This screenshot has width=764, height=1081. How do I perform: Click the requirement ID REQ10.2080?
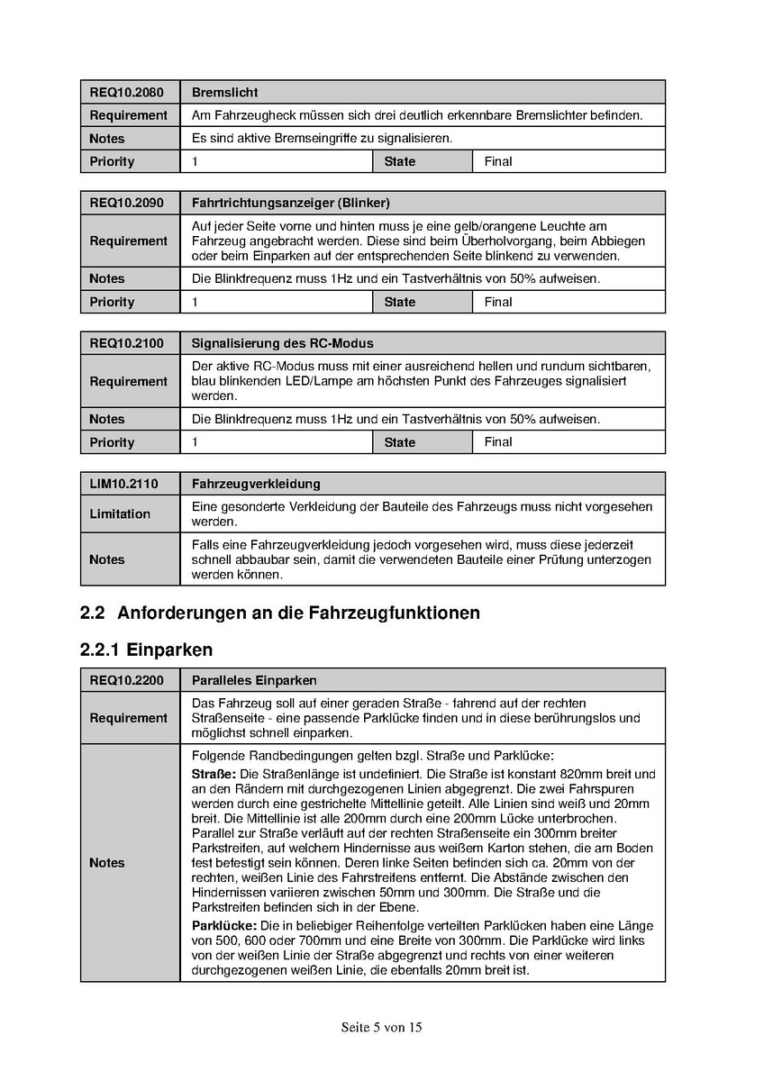(126, 93)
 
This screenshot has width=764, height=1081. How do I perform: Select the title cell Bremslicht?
(225, 93)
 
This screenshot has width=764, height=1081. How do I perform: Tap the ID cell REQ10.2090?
(126, 203)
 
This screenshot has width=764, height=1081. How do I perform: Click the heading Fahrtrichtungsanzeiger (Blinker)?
(290, 203)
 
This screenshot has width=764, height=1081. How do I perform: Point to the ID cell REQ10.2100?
(126, 343)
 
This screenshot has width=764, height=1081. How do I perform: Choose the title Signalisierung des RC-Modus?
(282, 343)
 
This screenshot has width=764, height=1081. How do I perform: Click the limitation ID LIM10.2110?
(123, 484)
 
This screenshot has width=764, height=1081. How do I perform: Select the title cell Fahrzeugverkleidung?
(256, 484)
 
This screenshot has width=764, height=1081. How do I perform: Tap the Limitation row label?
(120, 513)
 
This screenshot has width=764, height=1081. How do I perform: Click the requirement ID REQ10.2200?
(126, 680)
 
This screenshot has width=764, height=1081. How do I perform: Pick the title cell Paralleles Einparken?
(254, 680)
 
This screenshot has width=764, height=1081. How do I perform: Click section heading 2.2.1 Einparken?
(146, 649)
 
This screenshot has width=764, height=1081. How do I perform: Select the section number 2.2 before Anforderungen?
(93, 613)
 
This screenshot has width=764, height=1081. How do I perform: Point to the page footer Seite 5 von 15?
(382, 1027)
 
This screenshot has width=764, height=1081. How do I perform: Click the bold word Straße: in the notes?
(214, 774)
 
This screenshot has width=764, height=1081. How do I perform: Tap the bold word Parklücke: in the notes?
(224, 926)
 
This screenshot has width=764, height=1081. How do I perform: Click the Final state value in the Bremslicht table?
(497, 161)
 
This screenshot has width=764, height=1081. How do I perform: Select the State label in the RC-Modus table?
(400, 442)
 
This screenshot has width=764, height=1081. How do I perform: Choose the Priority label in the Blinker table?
(112, 302)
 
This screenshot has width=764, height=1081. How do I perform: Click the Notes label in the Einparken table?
(106, 863)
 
